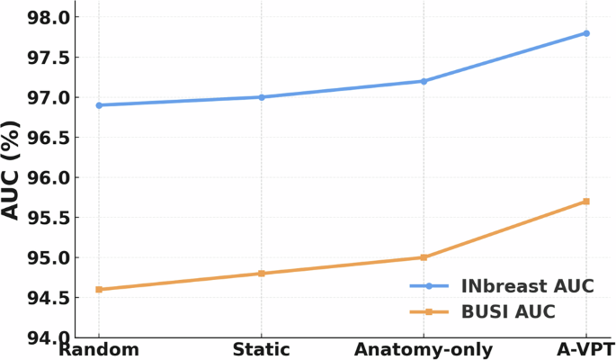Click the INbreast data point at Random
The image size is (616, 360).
point(99,105)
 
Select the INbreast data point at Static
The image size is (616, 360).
point(262,97)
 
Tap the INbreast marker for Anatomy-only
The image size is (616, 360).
point(424,81)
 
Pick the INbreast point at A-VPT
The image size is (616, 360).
point(586,33)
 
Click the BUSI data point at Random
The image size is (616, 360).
point(99,289)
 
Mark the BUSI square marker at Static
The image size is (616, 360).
point(262,273)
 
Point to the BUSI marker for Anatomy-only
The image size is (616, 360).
point(424,257)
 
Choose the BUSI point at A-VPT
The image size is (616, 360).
point(586,202)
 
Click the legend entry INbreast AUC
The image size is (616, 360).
point(528,286)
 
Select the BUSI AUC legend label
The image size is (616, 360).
point(508,312)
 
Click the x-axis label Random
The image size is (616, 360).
point(99,349)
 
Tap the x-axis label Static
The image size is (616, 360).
point(262,349)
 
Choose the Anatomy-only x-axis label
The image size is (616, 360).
point(424,349)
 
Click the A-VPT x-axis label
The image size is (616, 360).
point(585,349)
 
